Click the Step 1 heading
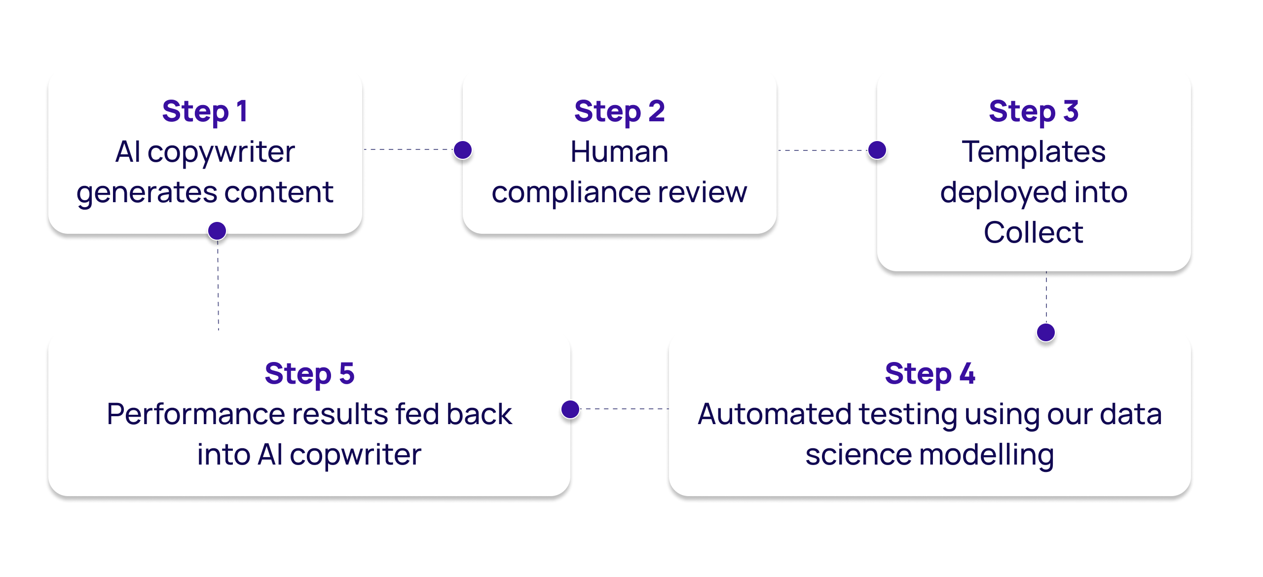[x=205, y=111]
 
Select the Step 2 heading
[x=619, y=111]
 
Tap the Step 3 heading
[x=1034, y=111]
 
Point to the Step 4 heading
[x=929, y=374]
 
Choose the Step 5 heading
[x=309, y=374]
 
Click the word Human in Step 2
[x=619, y=152]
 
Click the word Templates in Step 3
[x=1034, y=152]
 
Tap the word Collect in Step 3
[x=1034, y=233]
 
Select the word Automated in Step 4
[x=775, y=414]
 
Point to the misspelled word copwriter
[x=355, y=455]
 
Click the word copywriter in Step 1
[x=221, y=152]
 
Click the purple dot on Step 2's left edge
[x=463, y=150]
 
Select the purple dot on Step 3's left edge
[x=877, y=150]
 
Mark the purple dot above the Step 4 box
[x=1046, y=332]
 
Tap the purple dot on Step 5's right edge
[x=570, y=409]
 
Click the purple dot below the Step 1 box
[x=217, y=230]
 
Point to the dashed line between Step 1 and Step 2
[x=409, y=149]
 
